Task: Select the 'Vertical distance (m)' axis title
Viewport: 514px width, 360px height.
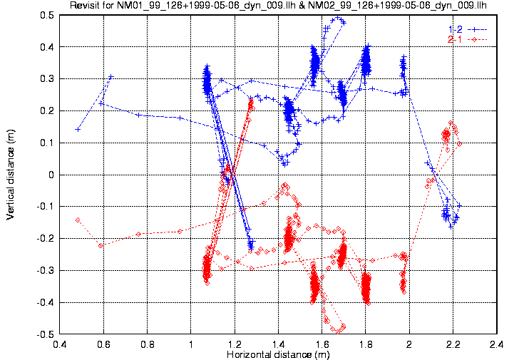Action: (x=10, y=174)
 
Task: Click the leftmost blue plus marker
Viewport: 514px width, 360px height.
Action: (x=77, y=129)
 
